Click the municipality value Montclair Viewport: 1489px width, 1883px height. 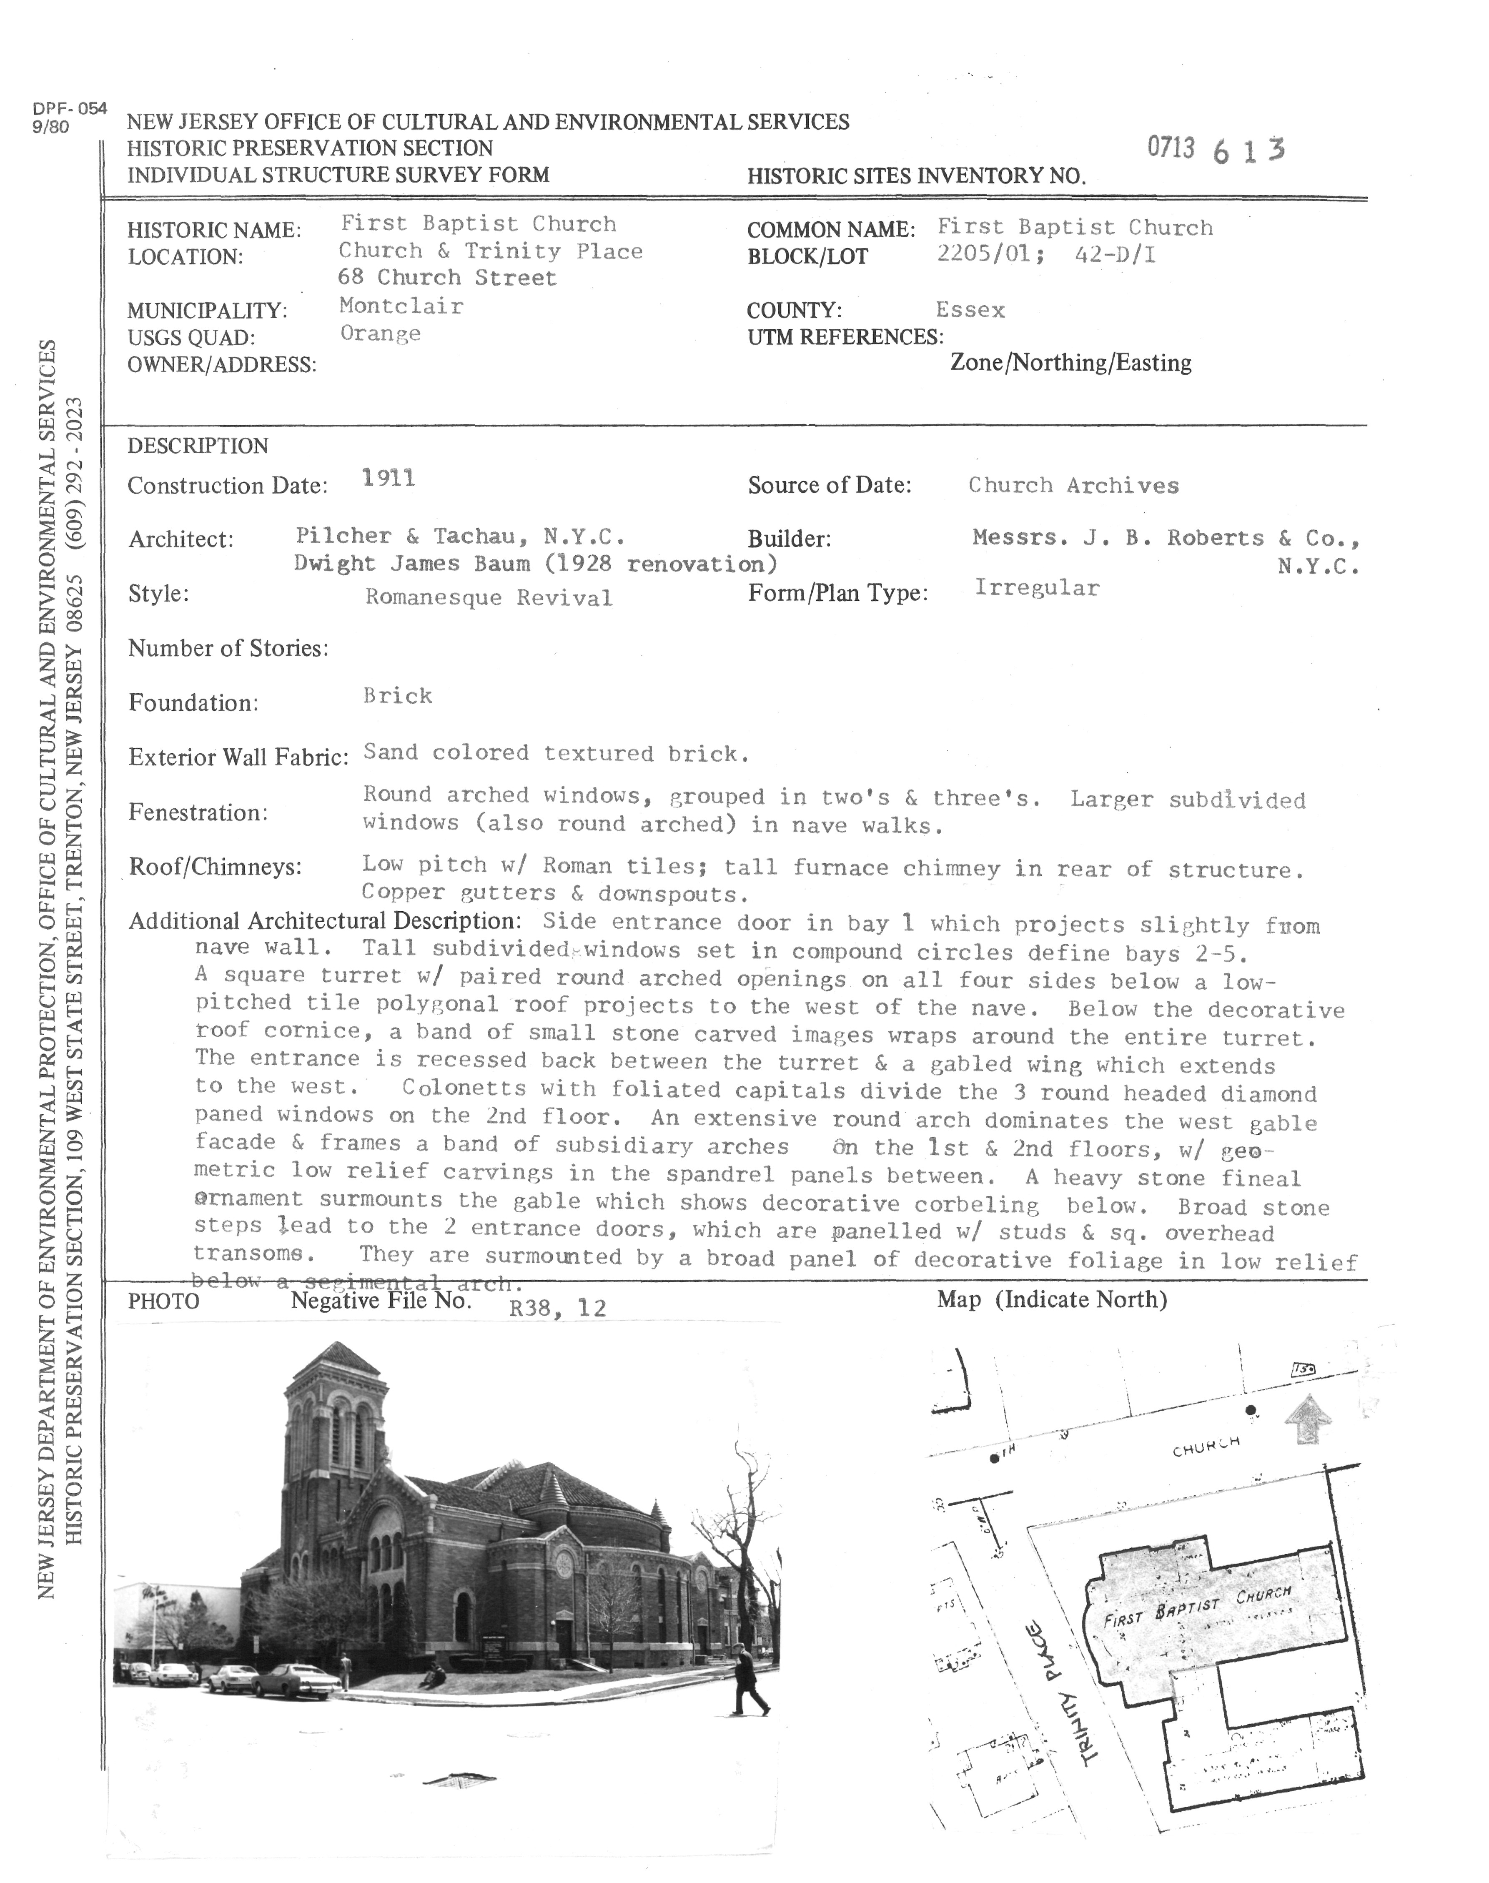tap(401, 306)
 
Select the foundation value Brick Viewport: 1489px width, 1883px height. tap(398, 696)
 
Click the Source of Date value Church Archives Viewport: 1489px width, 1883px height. tap(1073, 486)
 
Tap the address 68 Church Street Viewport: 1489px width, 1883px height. tap(447, 278)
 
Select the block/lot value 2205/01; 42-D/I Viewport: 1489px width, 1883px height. tap(1046, 256)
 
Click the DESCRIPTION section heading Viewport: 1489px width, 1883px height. tap(198, 446)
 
